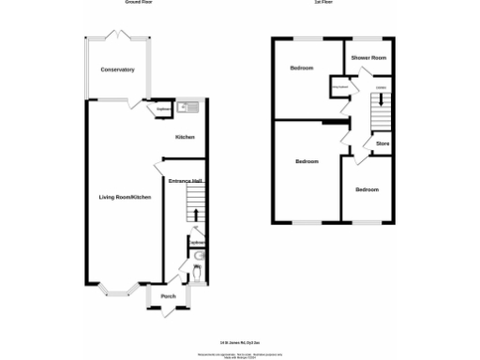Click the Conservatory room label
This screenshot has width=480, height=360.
(118, 69)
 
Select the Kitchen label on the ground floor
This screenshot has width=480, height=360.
(185, 138)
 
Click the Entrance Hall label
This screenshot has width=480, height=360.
(186, 180)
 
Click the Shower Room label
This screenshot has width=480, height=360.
(368, 58)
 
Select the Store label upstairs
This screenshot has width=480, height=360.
(382, 143)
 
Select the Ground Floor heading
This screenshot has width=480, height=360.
(140, 3)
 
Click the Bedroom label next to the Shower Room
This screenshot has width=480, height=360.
(301, 68)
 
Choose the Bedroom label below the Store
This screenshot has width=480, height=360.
(367, 189)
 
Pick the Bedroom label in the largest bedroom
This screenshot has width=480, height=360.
(307, 161)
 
